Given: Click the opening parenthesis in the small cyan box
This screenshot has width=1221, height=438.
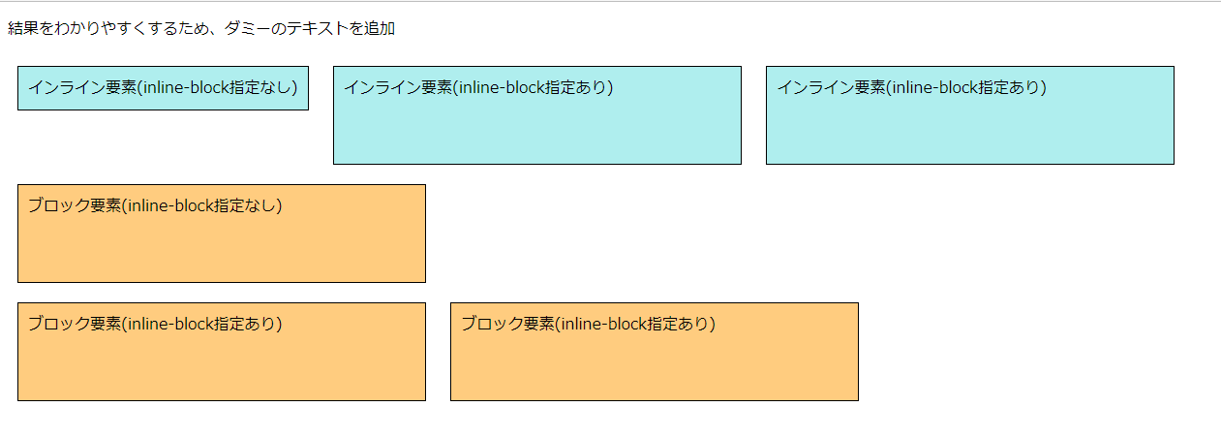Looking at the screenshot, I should pyautogui.click(x=138, y=88).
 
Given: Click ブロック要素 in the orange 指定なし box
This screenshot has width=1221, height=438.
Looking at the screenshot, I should pyautogui.click(x=74, y=205).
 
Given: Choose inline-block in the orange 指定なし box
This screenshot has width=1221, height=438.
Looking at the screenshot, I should pyautogui.click(x=170, y=205).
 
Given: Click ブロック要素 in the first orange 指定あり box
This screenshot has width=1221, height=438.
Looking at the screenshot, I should pyautogui.click(x=74, y=324).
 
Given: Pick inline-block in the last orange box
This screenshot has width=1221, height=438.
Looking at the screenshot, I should pyautogui.click(x=603, y=324).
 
